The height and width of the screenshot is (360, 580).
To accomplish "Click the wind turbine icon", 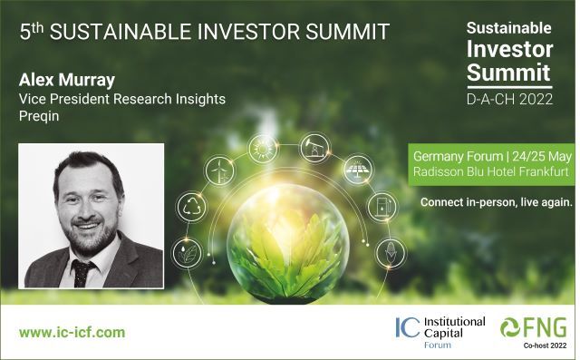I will (x=220, y=170).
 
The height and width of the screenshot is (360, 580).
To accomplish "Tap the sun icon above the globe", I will (x=264, y=146).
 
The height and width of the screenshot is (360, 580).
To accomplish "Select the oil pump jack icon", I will (x=314, y=145).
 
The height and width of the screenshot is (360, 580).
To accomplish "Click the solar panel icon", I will (x=356, y=169).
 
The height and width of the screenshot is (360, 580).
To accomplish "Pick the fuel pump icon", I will (x=380, y=206).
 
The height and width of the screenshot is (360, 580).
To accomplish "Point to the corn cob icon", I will (x=390, y=251).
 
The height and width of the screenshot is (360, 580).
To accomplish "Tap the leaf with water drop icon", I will (x=186, y=253).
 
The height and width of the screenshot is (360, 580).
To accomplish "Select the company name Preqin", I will (x=37, y=115).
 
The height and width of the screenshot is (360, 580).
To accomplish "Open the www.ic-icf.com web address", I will (x=72, y=333).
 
